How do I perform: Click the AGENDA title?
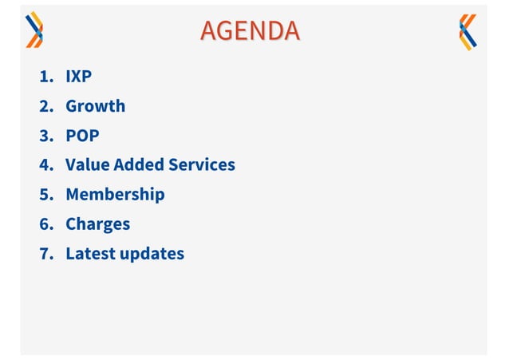251,30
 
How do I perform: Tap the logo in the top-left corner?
34,31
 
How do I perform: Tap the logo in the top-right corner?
468,32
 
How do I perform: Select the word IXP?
79,77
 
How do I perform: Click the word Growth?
95,106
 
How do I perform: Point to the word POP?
82,136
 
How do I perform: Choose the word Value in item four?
87,165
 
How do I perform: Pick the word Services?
202,165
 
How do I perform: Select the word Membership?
115,195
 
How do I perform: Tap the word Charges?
97,224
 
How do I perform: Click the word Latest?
90,254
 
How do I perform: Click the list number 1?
46,77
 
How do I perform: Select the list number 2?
46,106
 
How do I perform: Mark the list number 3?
46,136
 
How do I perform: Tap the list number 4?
46,165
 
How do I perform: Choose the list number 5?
46,195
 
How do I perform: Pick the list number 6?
46,224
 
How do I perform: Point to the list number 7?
46,254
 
